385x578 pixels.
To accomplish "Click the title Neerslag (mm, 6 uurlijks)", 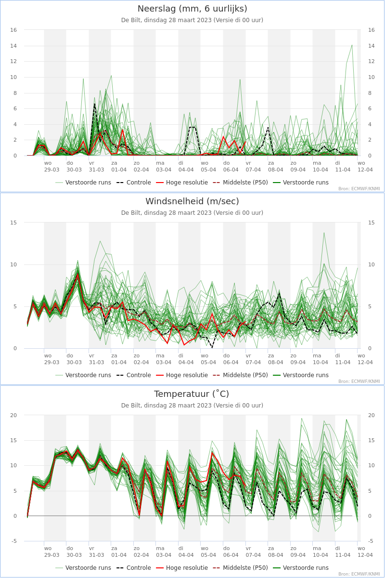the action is coord(192,9).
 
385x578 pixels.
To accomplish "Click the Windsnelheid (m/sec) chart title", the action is coord(192,201).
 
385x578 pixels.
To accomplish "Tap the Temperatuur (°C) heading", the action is coord(192,394).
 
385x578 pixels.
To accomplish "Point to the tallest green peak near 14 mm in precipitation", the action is coord(352,45).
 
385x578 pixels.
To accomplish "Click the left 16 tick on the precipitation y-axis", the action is coord(13,30).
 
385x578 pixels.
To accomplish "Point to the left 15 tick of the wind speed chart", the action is coord(13,223).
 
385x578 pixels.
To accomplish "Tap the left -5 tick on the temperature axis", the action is coord(14,541).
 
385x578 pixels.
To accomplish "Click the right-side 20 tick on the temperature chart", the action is coord(372,415).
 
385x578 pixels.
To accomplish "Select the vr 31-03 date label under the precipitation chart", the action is coord(96,167).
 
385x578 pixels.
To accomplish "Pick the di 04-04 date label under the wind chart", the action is coord(186,359).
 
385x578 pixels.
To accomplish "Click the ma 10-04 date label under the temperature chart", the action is coord(321,552).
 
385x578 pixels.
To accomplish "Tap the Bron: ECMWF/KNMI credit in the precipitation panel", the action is coord(359,189).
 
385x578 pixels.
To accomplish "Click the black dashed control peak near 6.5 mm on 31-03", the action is coord(95,104).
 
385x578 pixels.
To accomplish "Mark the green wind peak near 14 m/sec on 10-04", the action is coord(324,233).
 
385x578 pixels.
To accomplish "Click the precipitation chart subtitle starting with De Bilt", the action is coord(192,20).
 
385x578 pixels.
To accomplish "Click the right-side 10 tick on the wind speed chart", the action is coord(372,264).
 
